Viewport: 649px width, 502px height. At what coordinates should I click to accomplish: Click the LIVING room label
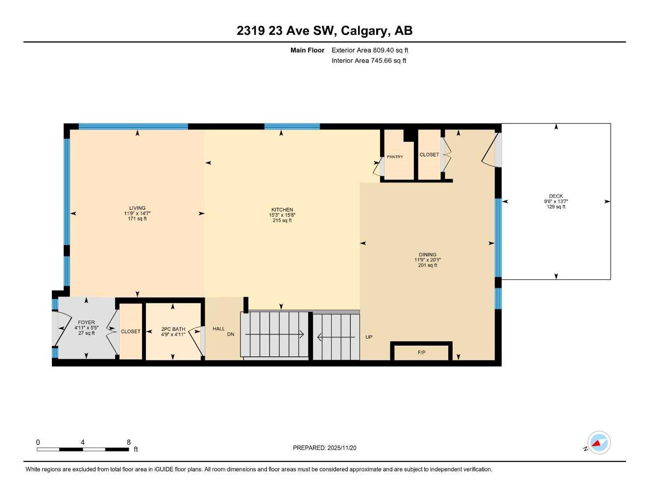point(137,208)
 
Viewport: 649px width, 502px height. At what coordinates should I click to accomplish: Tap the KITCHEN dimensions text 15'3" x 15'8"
point(282,215)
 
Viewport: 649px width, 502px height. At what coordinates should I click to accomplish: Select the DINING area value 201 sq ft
point(427,265)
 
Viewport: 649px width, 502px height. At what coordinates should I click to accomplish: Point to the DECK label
point(555,196)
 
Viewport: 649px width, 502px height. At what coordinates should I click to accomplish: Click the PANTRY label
point(395,157)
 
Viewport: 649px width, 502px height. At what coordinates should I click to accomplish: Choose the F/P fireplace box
point(421,352)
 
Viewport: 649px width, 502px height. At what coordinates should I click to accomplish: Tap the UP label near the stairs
point(369,337)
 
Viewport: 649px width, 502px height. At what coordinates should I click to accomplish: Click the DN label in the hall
point(231,334)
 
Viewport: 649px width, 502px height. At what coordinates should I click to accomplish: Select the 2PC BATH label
point(173,329)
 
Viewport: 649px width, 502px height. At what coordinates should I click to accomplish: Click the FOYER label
point(86,323)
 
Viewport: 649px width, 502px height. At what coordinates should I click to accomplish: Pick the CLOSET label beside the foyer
point(130,331)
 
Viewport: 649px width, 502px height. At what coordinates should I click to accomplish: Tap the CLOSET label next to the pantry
point(429,154)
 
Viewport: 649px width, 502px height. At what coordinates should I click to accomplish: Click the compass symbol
point(599,443)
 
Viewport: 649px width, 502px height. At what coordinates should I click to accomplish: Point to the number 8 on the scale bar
point(129,442)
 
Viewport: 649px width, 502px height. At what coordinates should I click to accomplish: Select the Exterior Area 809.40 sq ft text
point(370,50)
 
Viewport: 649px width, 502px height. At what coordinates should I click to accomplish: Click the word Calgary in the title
point(363,31)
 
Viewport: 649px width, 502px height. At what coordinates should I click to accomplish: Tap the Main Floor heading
point(307,50)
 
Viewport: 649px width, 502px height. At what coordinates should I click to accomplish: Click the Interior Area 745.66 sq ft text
point(369,61)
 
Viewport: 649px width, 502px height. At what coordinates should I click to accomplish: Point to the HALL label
point(218,329)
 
